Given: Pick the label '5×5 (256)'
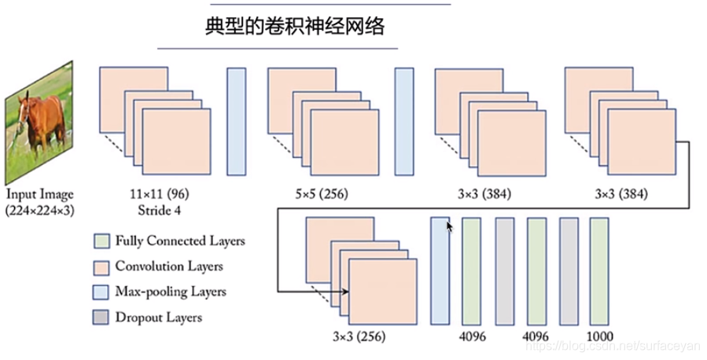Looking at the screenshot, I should (x=317, y=193).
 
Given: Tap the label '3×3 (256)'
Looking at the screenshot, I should (x=359, y=335).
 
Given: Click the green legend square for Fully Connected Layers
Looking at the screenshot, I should (x=99, y=241).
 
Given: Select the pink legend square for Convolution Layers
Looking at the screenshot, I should (x=99, y=266).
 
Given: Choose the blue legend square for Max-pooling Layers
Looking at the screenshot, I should (x=99, y=292).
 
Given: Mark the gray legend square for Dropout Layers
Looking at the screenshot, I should (x=99, y=318).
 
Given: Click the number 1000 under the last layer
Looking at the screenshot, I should (x=598, y=335).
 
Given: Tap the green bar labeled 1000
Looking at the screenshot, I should (x=598, y=271).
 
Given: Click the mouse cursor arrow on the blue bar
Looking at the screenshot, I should (x=450, y=226).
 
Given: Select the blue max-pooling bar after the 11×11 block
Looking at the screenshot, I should (x=236, y=121).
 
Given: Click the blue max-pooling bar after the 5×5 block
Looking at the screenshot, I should (x=403, y=121).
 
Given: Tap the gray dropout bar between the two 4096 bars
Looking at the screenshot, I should (x=504, y=271).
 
